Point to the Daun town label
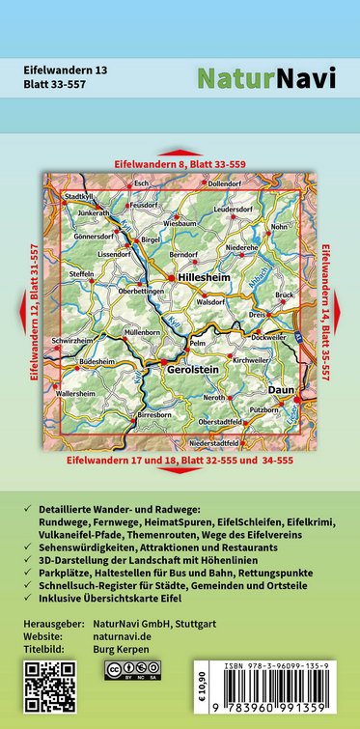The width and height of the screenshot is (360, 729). coord(280,388)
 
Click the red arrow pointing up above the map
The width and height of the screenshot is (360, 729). coord(180,153)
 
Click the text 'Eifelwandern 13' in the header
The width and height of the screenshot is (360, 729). coord(65,69)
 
